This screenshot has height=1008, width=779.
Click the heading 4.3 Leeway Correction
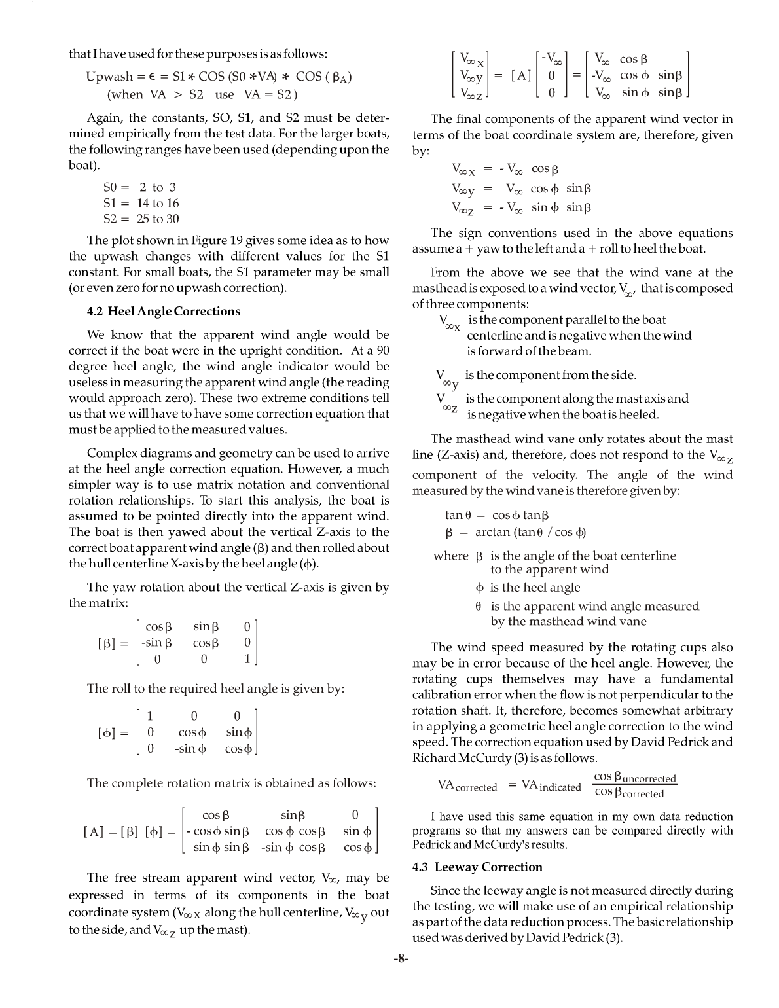[x=477, y=867]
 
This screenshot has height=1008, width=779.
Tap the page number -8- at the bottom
[x=401, y=960]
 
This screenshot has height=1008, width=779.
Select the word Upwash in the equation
[x=109, y=77]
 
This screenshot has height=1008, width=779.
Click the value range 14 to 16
[x=158, y=204]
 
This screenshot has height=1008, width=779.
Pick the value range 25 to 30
[x=158, y=219]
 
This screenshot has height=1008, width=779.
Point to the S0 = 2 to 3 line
[x=139, y=188]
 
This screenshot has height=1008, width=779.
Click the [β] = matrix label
[x=113, y=643]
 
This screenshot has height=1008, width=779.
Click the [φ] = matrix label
[x=113, y=732]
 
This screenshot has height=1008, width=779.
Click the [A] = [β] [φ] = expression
[x=130, y=833]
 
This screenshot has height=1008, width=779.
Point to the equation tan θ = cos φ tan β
[x=497, y=516]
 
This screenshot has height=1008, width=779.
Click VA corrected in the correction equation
[x=467, y=786]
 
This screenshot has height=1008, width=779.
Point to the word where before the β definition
[x=451, y=556]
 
